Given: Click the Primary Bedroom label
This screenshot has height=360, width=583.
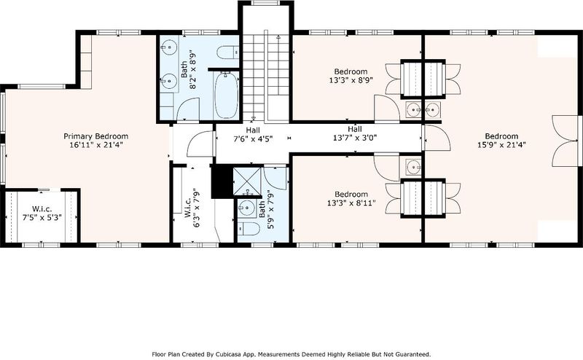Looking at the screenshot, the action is (96, 136).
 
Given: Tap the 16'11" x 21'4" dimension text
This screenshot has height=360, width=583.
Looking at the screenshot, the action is (96, 145).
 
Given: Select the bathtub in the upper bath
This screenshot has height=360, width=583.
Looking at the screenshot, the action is (227, 95).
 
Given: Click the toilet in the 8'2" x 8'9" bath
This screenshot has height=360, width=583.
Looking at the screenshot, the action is (227, 52).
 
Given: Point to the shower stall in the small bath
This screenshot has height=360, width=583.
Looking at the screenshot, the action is (247, 181).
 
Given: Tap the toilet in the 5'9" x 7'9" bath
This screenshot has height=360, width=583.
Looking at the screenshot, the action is (249, 229).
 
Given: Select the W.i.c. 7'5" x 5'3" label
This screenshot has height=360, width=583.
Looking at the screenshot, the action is (42, 213).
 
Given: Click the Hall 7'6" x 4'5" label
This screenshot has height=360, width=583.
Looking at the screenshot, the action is (253, 135).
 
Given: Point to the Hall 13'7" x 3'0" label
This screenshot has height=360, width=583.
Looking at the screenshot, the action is (355, 133).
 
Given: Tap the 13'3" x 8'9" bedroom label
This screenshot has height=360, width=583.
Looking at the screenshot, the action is (351, 76).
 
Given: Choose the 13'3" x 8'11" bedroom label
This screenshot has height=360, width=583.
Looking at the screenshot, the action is (351, 198).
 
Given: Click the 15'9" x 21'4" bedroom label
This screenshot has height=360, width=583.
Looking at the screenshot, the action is (501, 140).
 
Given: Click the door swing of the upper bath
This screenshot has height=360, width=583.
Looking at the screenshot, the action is (189, 108).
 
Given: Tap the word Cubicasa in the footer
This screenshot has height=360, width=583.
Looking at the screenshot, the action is (217, 354).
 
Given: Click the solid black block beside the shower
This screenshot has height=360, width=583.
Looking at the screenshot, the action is (222, 182).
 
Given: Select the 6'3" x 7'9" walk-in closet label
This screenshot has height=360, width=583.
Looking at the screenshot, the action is (192, 208).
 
